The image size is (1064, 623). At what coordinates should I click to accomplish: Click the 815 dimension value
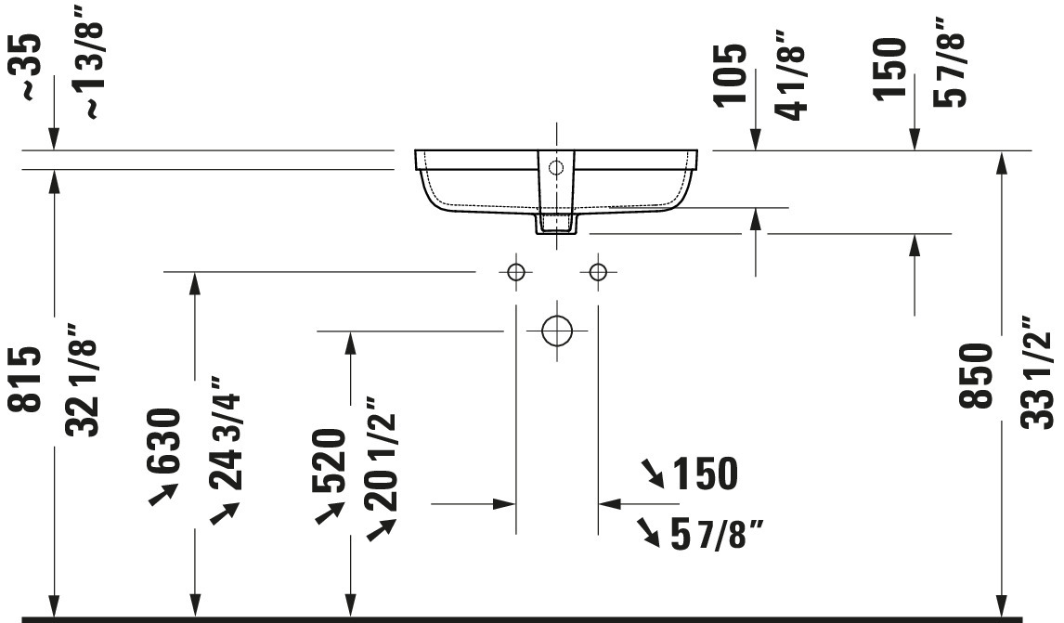[x=25, y=380]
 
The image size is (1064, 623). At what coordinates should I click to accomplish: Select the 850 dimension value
[x=976, y=375]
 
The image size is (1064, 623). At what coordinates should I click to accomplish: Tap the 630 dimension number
[x=163, y=440]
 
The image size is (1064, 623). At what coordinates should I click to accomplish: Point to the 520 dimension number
[x=329, y=461]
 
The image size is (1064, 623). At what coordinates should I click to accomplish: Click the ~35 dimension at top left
[x=30, y=68]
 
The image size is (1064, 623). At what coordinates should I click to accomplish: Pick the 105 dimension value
[x=730, y=74]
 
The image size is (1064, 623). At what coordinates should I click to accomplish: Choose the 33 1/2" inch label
[x=1037, y=372]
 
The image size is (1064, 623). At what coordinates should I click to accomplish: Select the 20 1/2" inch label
[x=380, y=453]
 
